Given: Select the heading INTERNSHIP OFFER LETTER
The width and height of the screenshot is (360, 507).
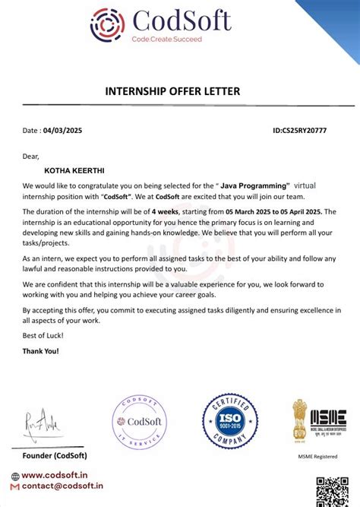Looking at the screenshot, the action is point(172,91).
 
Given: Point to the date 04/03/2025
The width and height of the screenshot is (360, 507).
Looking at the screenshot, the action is point(62,131).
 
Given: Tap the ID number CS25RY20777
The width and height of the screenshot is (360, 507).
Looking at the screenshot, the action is point(299,131).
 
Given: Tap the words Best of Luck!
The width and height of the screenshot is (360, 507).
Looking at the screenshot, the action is point(43,335).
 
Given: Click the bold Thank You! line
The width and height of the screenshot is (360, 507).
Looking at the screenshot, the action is point(40,351).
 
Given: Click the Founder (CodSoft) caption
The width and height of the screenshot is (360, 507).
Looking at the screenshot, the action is point(55,455).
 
